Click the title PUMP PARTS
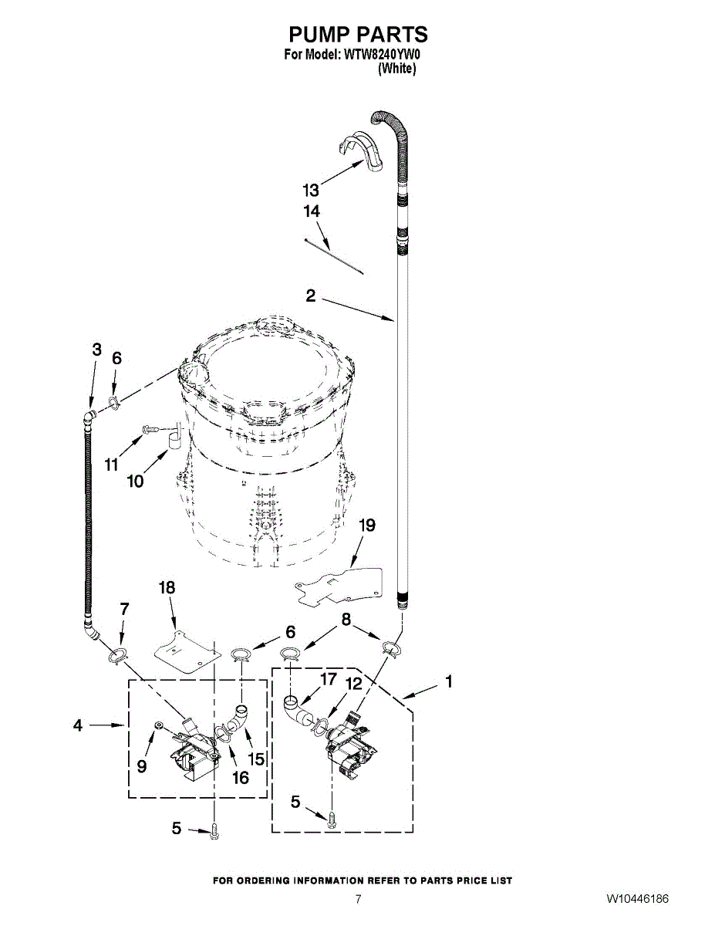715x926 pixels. click(x=358, y=35)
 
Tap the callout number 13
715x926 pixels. click(x=310, y=190)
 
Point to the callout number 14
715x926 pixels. click(x=312, y=211)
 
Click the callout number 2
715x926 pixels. click(x=310, y=296)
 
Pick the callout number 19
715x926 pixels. click(x=367, y=526)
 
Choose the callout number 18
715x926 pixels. click(x=167, y=588)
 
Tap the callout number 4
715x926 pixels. click(x=78, y=725)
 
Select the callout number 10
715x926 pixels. click(x=135, y=482)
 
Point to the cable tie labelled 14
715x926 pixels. click(x=336, y=256)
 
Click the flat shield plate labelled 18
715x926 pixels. click(x=184, y=648)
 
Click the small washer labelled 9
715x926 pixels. click(x=157, y=725)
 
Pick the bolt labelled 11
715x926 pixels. click(x=150, y=427)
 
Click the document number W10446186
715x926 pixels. click(x=636, y=900)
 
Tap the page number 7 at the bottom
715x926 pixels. click(x=358, y=900)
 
